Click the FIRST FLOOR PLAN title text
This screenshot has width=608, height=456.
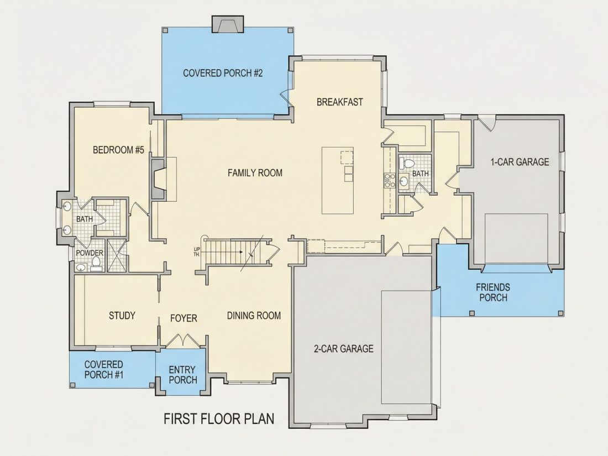(x=219, y=419)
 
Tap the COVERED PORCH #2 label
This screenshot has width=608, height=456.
(x=223, y=73)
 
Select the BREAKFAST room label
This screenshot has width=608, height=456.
(x=340, y=102)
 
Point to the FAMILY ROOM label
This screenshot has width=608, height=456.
(x=255, y=172)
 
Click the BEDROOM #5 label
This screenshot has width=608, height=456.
(x=118, y=150)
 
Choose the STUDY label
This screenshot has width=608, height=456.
(x=122, y=316)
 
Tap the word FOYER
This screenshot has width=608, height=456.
(x=184, y=318)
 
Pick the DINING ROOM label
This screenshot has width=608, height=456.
(x=254, y=316)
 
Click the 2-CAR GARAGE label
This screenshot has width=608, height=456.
(x=344, y=349)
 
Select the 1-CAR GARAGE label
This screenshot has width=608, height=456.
(x=520, y=162)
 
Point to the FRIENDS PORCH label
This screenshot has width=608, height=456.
(x=493, y=292)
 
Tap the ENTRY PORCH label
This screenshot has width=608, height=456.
(x=182, y=375)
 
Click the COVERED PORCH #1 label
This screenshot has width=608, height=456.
(x=103, y=370)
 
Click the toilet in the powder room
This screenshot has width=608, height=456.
(x=96, y=264)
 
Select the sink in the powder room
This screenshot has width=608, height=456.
(x=81, y=268)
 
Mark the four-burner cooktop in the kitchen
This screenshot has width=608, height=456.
(x=389, y=181)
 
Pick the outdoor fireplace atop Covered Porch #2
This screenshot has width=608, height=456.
(x=228, y=24)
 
